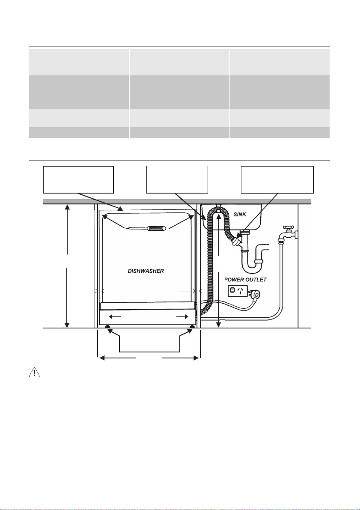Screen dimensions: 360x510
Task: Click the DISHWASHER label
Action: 146,271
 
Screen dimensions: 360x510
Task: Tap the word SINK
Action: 240,215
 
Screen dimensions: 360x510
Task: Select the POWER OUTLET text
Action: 246,279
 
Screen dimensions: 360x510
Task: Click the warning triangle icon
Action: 34,373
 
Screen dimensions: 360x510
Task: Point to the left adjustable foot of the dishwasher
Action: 107,327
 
